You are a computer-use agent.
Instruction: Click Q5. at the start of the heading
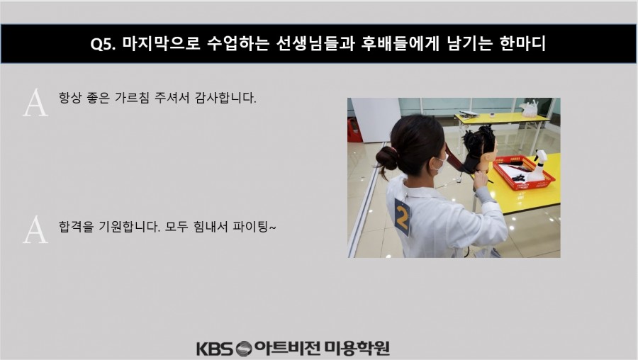point(103,43)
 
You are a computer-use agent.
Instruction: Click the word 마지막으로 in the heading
point(162,43)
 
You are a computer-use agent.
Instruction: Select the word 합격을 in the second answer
point(76,227)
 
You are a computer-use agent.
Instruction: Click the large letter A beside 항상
point(35,103)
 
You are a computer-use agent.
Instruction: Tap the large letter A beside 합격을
point(35,230)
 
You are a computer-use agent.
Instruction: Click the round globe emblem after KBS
point(244,349)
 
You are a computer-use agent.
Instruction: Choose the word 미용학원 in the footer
point(357,348)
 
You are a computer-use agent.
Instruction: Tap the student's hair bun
point(386,158)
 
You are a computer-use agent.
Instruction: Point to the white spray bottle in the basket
point(537,166)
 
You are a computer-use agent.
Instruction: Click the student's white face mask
point(440,164)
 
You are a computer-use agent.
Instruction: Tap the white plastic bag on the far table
point(530,108)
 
